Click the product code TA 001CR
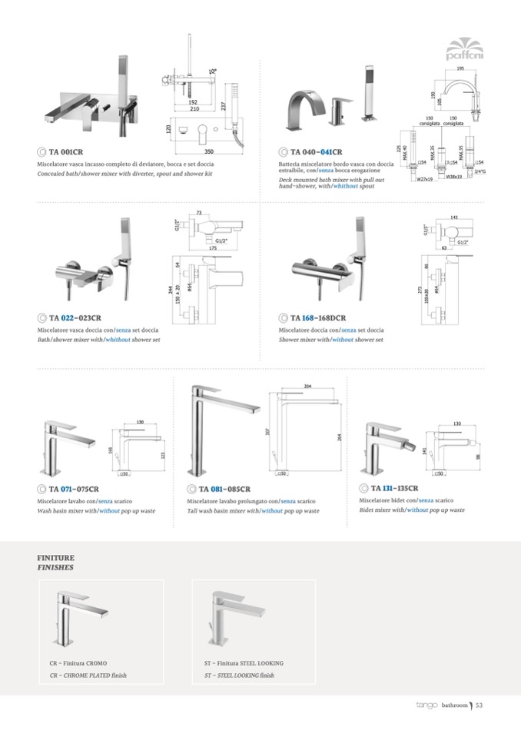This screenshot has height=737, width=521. tap(66, 151)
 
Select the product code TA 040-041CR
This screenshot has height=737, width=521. tap(315, 151)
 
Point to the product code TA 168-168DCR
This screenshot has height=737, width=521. tap(320, 317)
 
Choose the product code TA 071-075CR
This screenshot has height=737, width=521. tap(74, 489)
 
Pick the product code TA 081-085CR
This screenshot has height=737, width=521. tap(224, 489)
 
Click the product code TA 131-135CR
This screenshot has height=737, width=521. tap(394, 488)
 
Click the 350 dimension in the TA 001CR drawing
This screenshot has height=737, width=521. tap(208, 152)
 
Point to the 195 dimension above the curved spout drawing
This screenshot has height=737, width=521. tap(460, 68)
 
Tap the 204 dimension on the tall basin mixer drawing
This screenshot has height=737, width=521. tap(309, 387)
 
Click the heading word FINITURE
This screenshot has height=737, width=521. tap(56, 556)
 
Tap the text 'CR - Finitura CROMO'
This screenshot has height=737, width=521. tap(78, 662)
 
